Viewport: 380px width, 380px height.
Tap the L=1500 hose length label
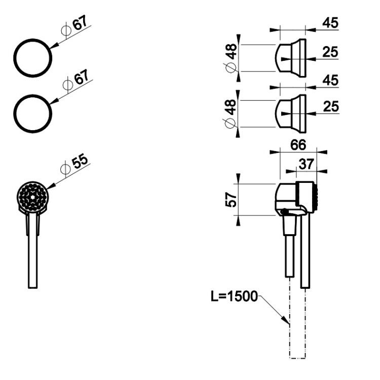coord(234,296)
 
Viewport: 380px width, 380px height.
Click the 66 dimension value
coord(298,145)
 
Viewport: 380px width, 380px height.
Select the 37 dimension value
coord(307,164)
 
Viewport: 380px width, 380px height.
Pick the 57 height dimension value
coord(231,200)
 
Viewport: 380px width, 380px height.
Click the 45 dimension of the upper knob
coord(330,23)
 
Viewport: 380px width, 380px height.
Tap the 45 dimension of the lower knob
coord(330,80)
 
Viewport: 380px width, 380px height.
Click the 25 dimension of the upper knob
coord(330,52)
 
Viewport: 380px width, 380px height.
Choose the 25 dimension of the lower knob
coord(331,106)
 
